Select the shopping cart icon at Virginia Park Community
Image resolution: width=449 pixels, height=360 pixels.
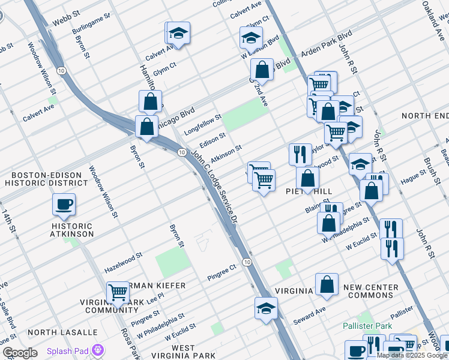[x=118, y=293]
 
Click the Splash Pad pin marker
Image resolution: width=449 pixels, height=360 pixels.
[x=98, y=350]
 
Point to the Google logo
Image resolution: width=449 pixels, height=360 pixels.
[x=20, y=353]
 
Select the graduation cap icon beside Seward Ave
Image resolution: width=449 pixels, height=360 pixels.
[x=266, y=308]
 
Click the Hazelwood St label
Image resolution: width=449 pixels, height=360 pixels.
[x=122, y=255]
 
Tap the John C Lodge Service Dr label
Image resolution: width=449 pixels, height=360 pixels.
[x=214, y=185]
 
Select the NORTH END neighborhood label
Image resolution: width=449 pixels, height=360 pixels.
[x=425, y=115]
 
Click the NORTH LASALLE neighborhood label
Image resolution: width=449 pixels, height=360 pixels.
[x=62, y=332]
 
